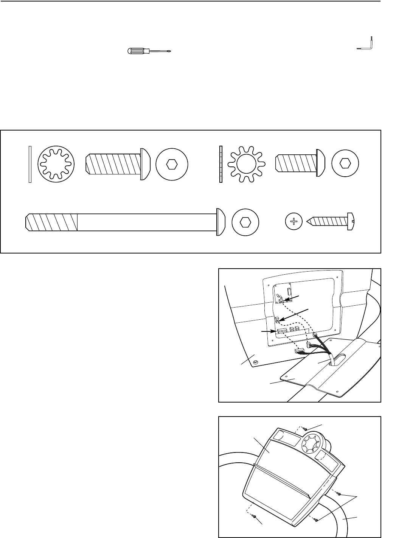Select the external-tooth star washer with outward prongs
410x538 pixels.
pyautogui.click(x=246, y=164)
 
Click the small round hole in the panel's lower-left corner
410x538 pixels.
pyautogui.click(x=256, y=362)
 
